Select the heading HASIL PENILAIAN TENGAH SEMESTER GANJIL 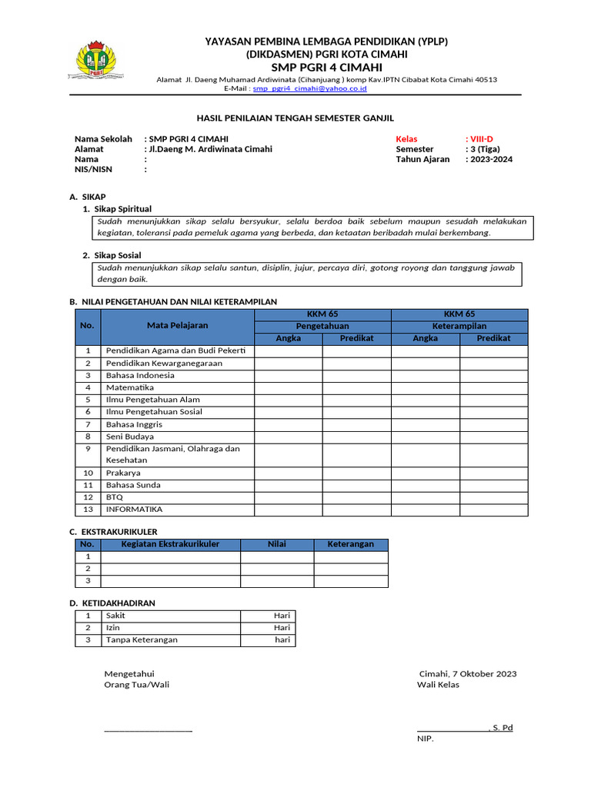coord(295,118)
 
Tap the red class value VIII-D coord(482,138)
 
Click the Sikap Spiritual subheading coord(123,209)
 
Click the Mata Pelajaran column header coord(177,326)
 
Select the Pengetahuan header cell coord(322,326)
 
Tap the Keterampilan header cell coord(459,326)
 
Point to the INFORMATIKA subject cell coord(135,509)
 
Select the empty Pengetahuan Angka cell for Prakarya coord(288,473)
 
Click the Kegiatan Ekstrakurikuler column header coord(170,544)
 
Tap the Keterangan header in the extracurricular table coord(351,544)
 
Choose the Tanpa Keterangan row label coord(142,639)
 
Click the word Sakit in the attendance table coord(115,616)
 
